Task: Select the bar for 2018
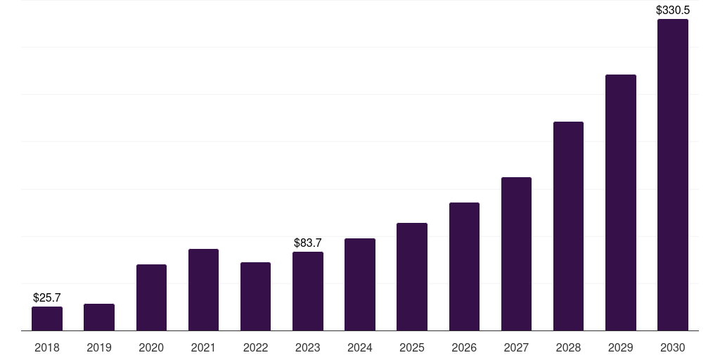(x=47, y=319)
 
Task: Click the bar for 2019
(x=99, y=317)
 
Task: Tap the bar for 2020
(x=151, y=297)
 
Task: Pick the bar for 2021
(x=203, y=290)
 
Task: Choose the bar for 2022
(x=255, y=297)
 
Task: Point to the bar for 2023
(x=308, y=291)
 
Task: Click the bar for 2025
(x=412, y=277)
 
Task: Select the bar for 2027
(x=516, y=254)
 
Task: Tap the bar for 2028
(x=568, y=226)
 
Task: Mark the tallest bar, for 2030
(x=673, y=175)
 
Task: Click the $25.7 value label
(x=47, y=298)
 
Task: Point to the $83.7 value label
(x=308, y=243)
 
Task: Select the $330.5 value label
(x=673, y=10)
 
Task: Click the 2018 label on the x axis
(x=47, y=347)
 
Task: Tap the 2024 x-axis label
(x=359, y=347)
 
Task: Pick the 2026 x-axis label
(x=464, y=347)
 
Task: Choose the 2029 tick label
(x=620, y=347)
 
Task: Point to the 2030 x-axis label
(x=673, y=347)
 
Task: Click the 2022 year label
(x=255, y=347)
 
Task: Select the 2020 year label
(x=151, y=347)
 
